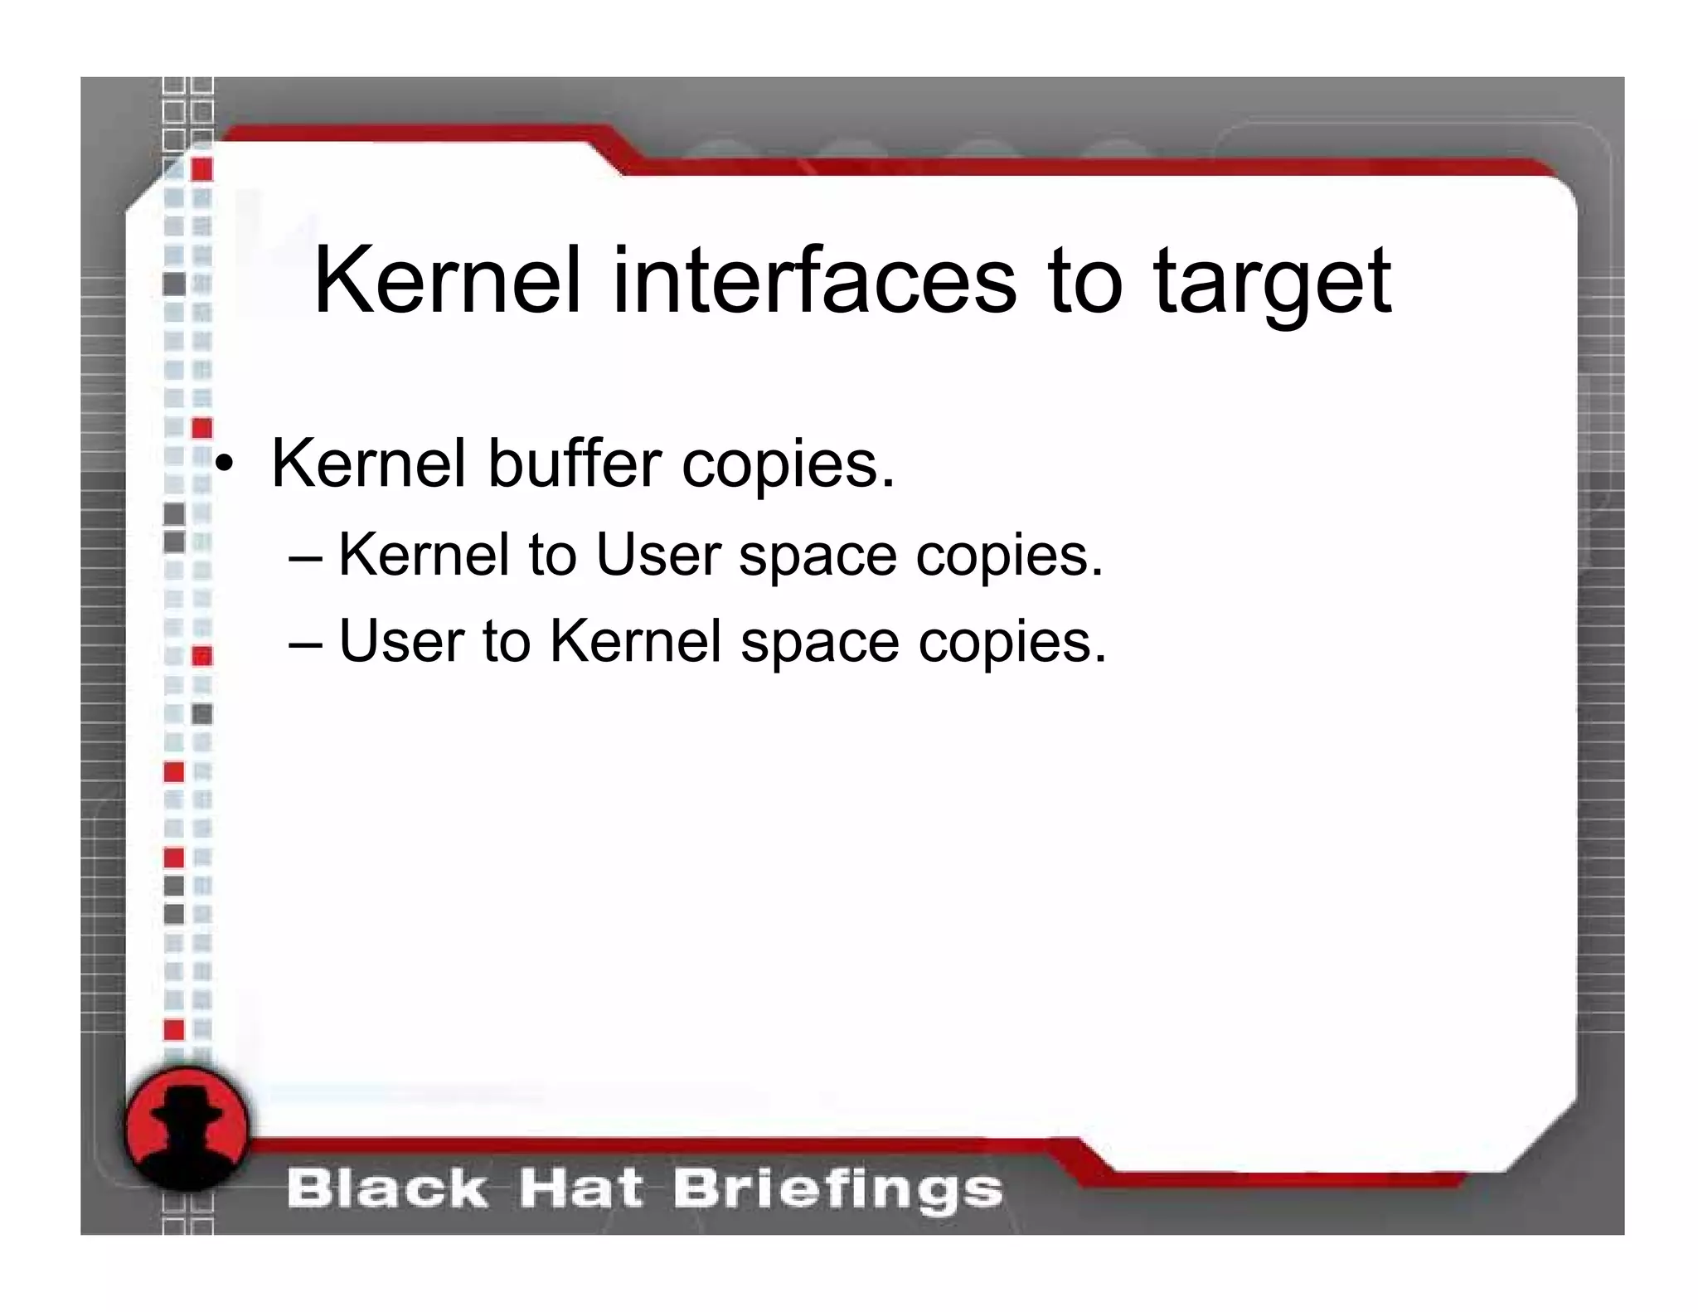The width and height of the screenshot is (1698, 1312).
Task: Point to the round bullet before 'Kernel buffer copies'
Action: click(224, 464)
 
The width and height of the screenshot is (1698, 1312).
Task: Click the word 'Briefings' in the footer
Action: click(837, 1191)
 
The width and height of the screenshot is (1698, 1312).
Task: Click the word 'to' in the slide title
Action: click(1085, 282)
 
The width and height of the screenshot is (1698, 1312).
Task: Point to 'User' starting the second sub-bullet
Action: click(401, 641)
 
